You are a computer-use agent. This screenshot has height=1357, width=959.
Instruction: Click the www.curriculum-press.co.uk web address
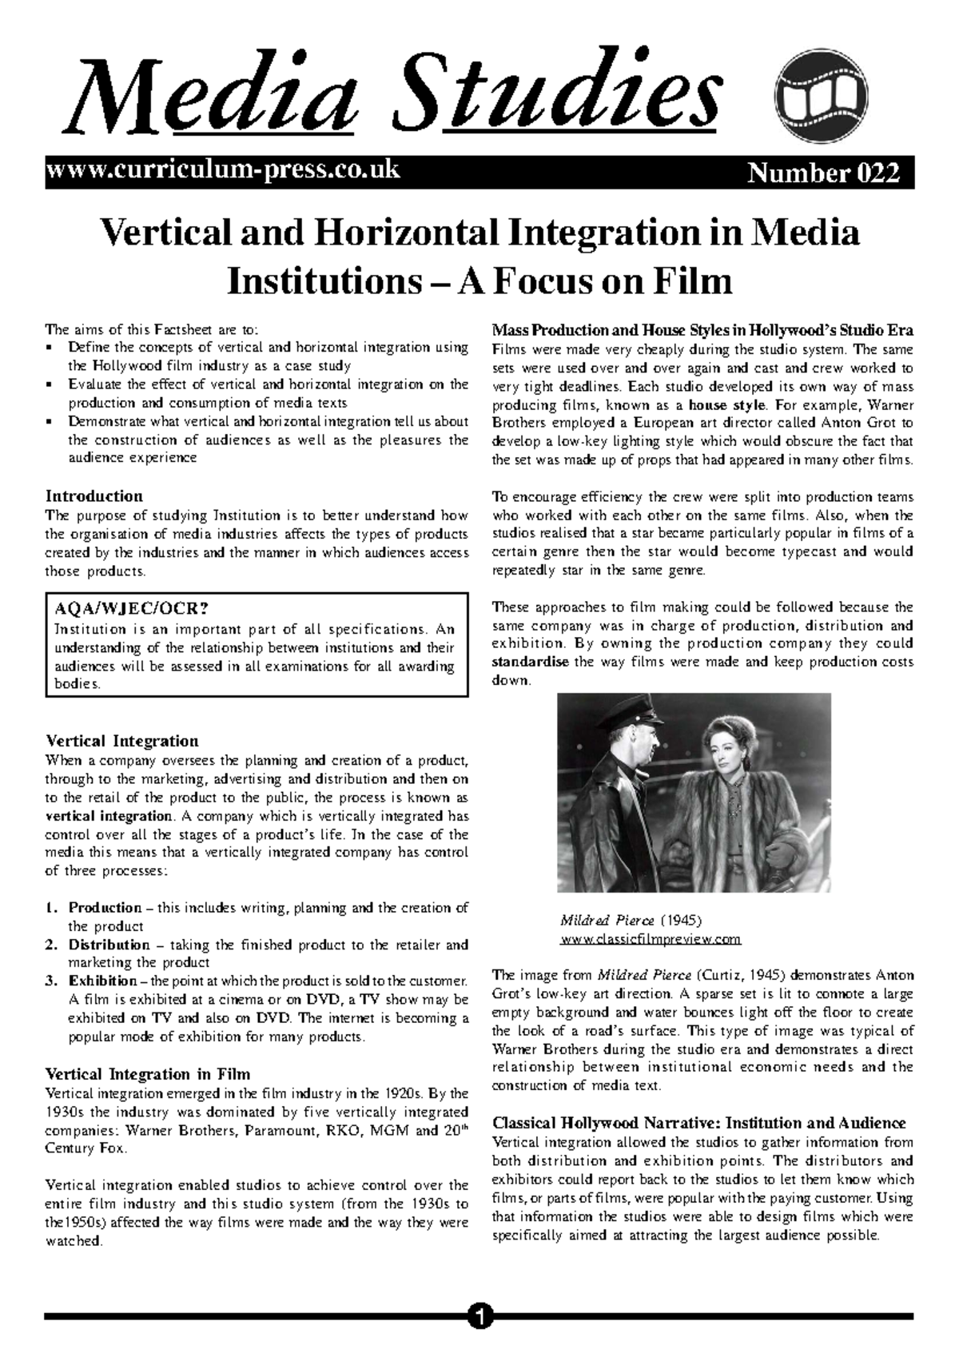click(223, 170)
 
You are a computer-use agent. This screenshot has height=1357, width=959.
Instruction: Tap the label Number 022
click(823, 173)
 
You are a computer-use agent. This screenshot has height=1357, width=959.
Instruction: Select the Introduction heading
click(94, 495)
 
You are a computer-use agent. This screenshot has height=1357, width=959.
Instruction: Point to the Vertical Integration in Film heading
click(148, 1074)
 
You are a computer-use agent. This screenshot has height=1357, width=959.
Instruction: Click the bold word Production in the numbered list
click(105, 908)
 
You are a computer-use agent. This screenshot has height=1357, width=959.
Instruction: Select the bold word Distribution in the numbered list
click(109, 945)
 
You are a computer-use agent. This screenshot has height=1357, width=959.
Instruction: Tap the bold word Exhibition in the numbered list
click(102, 981)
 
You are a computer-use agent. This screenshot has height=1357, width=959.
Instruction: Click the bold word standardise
click(531, 662)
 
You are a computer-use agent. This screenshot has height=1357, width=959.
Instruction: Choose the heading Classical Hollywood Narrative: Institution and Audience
click(698, 1123)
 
